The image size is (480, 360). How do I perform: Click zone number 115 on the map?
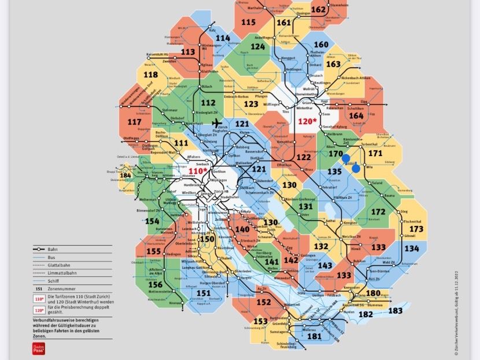click(x=248, y=23)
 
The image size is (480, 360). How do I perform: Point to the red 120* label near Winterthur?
click(x=307, y=121)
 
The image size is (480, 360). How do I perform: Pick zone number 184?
click(x=125, y=175)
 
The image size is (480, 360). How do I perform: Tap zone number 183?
click(x=396, y=310)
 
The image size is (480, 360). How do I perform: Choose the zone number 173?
click(x=416, y=229)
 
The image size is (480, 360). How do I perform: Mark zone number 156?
click(x=155, y=284)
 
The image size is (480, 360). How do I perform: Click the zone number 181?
click(x=314, y=336)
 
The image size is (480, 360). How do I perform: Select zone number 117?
click(x=134, y=123)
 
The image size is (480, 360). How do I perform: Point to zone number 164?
click(x=356, y=116)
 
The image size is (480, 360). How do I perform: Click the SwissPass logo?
click(x=38, y=348)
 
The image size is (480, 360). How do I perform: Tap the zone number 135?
click(x=335, y=171)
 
